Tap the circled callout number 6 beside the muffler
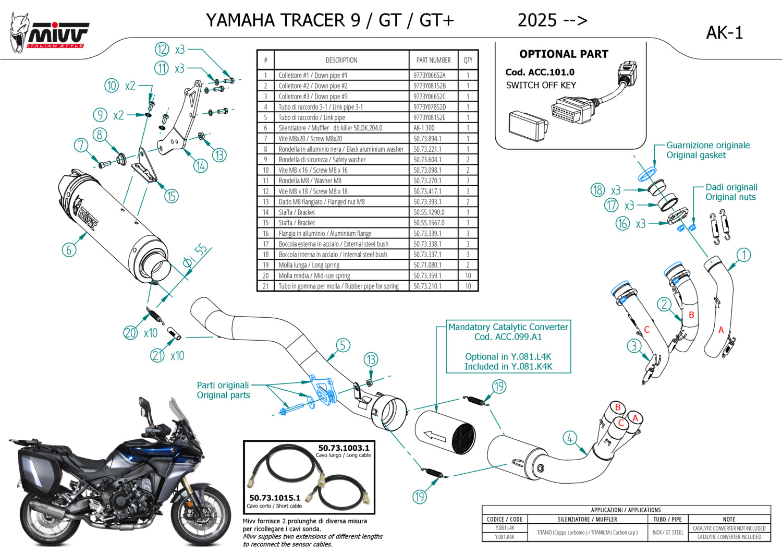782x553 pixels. (69, 249)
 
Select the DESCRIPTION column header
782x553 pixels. (341, 60)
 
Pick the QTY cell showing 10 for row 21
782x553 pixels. (468, 286)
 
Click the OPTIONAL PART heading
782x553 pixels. (564, 54)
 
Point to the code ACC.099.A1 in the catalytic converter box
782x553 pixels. (508, 336)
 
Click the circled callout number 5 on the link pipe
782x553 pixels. (343, 345)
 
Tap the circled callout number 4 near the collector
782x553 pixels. (569, 438)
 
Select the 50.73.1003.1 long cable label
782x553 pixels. (344, 448)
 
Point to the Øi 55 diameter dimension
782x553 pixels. (195, 256)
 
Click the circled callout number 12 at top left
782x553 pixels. (162, 50)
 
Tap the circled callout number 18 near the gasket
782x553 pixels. (598, 190)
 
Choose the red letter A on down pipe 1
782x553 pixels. (721, 330)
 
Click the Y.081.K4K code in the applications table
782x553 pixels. (505, 537)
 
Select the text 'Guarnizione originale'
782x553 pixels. (708, 146)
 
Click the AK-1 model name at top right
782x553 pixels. (724, 33)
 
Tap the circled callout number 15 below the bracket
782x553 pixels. (172, 196)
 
